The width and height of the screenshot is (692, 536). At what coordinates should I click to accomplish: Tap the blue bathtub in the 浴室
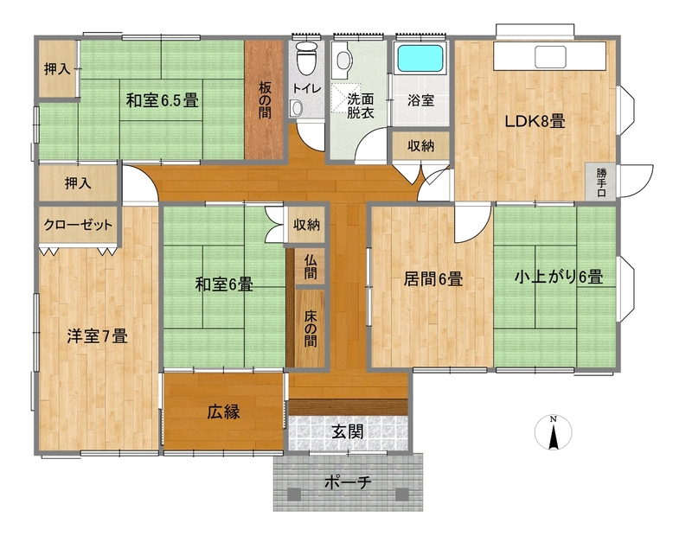[x=420, y=58]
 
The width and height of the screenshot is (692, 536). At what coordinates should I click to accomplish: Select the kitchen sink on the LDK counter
[x=550, y=56]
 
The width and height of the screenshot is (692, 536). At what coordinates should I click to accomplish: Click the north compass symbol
[x=553, y=432]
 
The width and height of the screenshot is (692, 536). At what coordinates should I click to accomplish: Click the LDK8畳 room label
[x=535, y=121]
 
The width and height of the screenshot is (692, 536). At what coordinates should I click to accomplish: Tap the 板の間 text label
[x=265, y=100]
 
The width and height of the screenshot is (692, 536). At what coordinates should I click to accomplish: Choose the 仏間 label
[x=311, y=266]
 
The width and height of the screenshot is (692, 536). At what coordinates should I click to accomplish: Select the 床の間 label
[x=311, y=329]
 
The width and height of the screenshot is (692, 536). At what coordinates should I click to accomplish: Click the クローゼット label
[x=78, y=225]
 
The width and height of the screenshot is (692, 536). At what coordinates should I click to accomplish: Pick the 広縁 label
[x=224, y=412]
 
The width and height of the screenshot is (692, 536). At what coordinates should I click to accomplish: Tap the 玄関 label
[x=348, y=431]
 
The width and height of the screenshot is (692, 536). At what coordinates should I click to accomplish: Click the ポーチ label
[x=348, y=482]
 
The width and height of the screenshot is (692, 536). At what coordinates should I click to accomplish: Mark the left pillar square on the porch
[x=294, y=495]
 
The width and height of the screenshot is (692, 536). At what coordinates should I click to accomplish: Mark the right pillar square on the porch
[x=402, y=495]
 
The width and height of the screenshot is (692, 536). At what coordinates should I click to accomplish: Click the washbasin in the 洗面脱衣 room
[x=343, y=59]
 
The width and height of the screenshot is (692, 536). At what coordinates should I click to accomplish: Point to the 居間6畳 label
[x=433, y=279]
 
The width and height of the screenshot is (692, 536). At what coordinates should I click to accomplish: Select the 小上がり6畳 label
[x=559, y=277]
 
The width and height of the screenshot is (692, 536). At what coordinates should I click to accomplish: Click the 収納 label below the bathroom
[x=420, y=145]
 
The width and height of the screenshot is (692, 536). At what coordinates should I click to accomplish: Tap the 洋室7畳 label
[x=97, y=336]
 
